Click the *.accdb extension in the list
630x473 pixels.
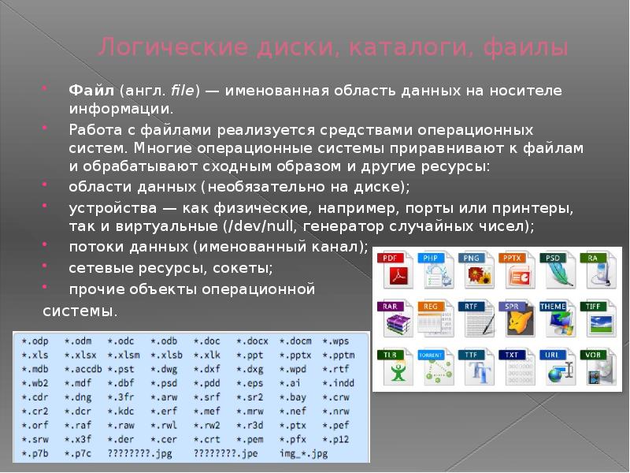tap(83, 368)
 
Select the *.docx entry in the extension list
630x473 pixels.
tap(252, 341)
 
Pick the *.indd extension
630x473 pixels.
tap(339, 382)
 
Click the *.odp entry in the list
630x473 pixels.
tap(37, 341)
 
